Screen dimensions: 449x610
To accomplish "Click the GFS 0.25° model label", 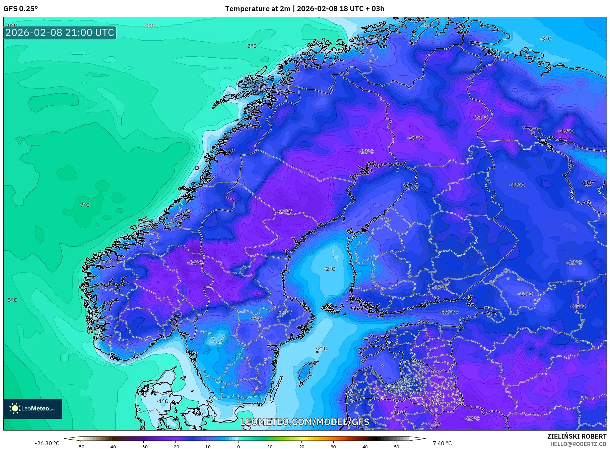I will tap(20, 9).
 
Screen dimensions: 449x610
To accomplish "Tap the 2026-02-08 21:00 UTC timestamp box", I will tap(60, 33).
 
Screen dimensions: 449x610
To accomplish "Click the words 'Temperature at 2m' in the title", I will tap(257, 9).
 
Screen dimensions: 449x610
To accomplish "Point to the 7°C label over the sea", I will tap(85, 205).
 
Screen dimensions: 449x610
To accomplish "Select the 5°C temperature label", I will tap(12, 300).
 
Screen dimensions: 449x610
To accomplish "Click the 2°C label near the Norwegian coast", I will tap(252, 46).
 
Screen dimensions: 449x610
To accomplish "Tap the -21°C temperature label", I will tap(480, 117).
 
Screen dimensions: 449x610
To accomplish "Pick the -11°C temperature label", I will tap(525, 294).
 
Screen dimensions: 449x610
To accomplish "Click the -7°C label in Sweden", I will tap(256, 318).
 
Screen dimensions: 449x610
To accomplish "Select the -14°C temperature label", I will tap(285, 312).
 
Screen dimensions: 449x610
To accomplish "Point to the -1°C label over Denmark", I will tap(162, 401).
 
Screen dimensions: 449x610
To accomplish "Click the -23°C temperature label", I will tap(472, 418).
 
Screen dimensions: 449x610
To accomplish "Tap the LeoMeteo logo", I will tap(33, 408).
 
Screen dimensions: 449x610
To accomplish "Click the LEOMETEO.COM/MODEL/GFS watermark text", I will tap(305, 422).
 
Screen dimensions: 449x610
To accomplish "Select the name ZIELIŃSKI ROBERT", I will tap(577, 436).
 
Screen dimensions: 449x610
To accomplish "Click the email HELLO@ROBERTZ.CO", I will tap(578, 444).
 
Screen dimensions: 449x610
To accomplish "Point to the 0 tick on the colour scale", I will tap(238, 446).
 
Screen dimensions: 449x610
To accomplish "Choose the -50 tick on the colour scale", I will tap(80, 446).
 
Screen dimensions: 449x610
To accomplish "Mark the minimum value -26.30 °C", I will tap(47, 443).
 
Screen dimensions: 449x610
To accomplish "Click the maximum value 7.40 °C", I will tap(442, 443).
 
